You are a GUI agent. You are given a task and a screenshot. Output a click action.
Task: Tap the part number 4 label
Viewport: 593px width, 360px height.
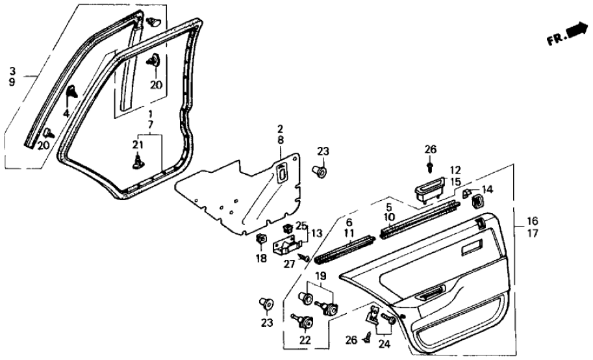(x=66, y=114)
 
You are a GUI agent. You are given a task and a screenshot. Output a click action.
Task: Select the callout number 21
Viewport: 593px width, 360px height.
(x=137, y=144)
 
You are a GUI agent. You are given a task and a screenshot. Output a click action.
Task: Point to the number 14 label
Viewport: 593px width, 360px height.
(x=487, y=190)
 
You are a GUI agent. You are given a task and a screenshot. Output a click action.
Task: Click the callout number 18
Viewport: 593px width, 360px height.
(x=261, y=259)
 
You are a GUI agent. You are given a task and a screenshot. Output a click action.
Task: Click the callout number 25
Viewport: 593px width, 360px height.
(x=300, y=225)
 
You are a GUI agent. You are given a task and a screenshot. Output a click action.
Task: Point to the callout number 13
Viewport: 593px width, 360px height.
(x=316, y=233)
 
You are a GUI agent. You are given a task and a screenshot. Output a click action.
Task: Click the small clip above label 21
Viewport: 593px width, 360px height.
(x=138, y=160)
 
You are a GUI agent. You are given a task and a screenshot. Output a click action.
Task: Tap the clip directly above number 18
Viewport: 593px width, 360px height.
(x=261, y=238)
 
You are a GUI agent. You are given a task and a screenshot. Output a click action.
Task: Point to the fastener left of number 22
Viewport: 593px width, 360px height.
(x=301, y=320)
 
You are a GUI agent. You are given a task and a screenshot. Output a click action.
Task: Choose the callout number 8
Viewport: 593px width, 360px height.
(x=280, y=140)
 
